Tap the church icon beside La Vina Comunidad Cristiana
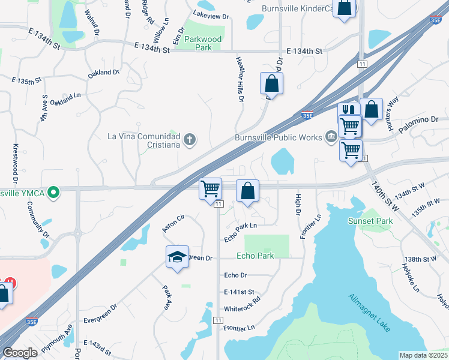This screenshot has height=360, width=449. click(x=190, y=140)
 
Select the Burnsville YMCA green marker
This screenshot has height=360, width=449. click(x=53, y=193)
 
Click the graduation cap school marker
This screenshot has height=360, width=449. click(x=177, y=257)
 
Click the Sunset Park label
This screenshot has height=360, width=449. click(x=370, y=221)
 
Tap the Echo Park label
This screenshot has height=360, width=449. click(x=256, y=256)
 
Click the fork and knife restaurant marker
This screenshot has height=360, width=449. click(x=349, y=112)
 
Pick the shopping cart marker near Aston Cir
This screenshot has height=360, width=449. click(x=210, y=189)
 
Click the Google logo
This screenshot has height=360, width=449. click(x=20, y=353)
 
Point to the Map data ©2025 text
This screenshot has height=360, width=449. click(x=423, y=355)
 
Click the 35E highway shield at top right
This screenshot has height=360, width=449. click(x=436, y=20)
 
